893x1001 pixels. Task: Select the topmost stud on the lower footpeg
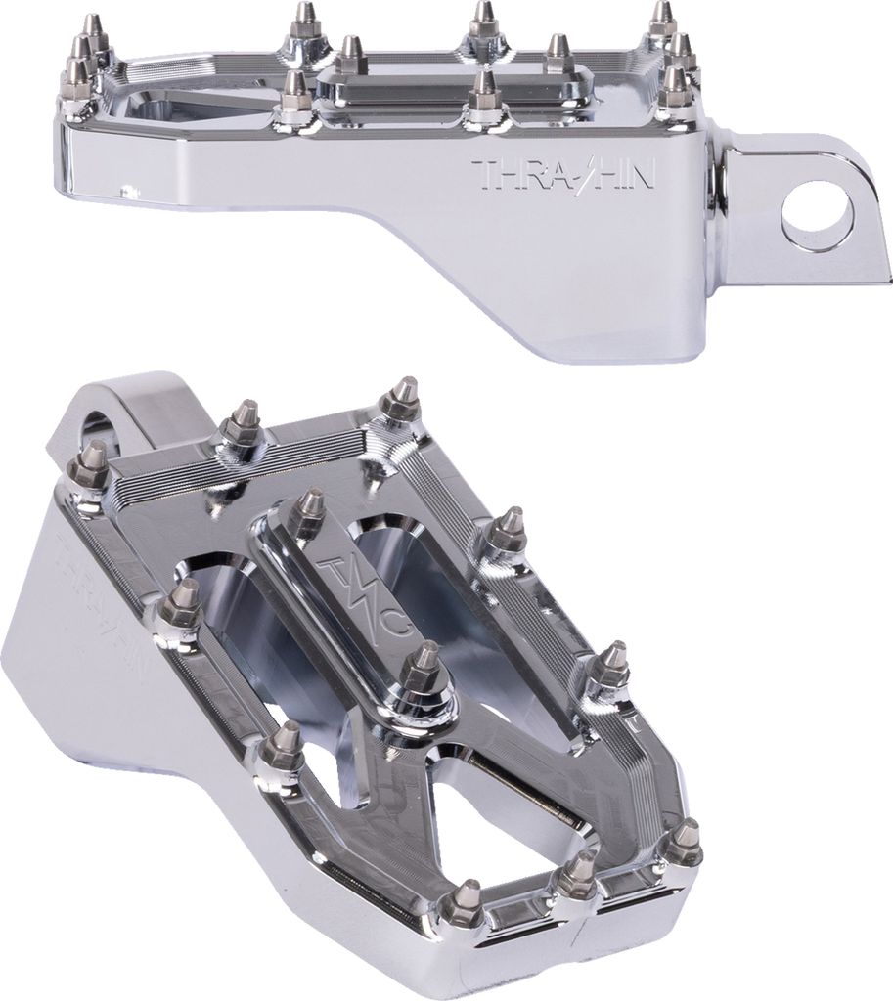click(399, 395)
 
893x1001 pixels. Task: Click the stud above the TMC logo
click(310, 506)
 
